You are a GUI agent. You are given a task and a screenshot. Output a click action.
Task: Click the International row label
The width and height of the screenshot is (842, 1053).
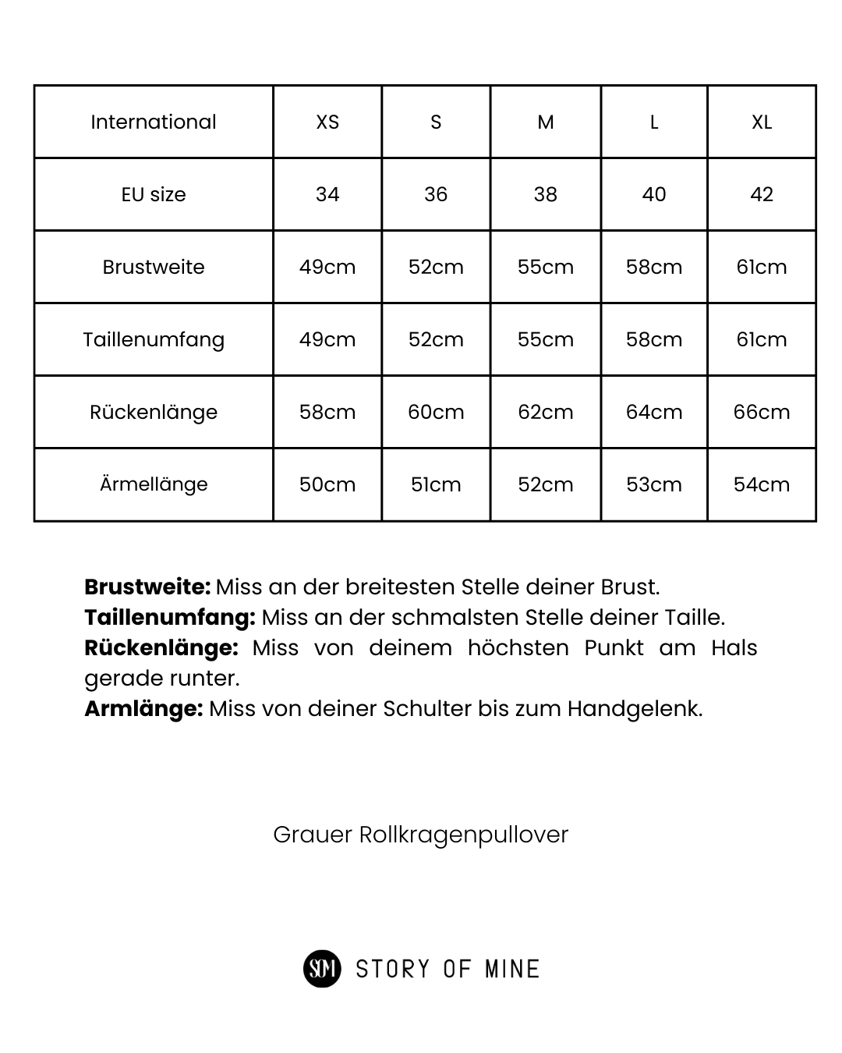click(154, 122)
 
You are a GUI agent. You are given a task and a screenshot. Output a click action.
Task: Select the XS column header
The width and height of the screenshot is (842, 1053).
click(327, 122)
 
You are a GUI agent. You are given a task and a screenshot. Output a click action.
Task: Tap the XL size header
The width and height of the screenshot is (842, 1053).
click(762, 122)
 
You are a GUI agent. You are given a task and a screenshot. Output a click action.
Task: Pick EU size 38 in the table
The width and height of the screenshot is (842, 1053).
click(546, 194)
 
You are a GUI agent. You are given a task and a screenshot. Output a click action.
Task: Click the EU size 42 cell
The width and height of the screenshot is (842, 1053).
click(762, 194)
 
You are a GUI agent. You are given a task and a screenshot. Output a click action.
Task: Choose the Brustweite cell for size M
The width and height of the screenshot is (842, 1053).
click(546, 267)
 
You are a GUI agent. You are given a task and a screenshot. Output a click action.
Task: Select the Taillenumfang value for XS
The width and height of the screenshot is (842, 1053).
click(327, 339)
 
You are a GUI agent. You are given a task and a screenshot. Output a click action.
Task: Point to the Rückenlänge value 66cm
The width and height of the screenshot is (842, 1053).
click(762, 412)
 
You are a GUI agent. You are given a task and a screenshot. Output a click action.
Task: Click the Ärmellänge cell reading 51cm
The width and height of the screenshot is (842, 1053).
click(436, 484)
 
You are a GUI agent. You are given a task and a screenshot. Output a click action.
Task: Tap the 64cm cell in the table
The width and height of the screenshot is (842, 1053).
click(654, 412)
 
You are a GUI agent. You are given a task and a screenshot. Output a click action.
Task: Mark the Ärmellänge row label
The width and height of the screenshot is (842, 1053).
click(154, 484)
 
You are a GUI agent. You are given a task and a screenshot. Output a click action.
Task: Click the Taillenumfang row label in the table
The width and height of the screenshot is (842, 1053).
click(154, 339)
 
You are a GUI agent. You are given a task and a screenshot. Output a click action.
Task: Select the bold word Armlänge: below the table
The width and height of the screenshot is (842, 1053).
click(143, 708)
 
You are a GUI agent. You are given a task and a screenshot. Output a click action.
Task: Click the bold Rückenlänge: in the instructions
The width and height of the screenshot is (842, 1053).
click(161, 647)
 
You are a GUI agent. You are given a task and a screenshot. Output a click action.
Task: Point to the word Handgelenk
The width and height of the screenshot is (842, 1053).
click(633, 708)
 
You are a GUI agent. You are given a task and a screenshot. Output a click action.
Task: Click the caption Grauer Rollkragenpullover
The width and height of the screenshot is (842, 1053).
click(421, 835)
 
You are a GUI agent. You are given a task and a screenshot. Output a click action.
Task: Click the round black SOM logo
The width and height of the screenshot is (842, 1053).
click(322, 969)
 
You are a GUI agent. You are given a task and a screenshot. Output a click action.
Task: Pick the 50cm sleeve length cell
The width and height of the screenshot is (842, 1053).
click(327, 484)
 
